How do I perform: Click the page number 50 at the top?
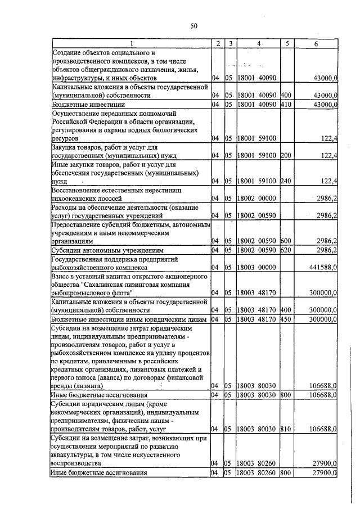click(x=194, y=26)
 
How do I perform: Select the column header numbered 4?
click(x=258, y=43)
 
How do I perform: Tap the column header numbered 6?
click(x=316, y=43)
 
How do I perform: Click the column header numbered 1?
click(x=130, y=43)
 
